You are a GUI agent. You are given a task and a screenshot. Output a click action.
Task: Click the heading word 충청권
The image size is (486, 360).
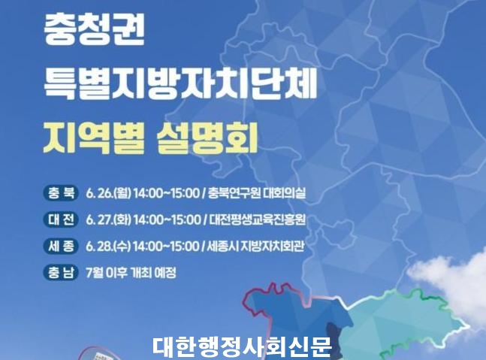95,31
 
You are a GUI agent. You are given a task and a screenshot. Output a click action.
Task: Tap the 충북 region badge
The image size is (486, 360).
61,193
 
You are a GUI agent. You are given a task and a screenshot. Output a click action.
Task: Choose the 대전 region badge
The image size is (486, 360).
61,219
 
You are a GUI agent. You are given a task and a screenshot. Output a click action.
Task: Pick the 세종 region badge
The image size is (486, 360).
61,247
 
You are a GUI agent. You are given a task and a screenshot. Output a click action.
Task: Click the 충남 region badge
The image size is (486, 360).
61,273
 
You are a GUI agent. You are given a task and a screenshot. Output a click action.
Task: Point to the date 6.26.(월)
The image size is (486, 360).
108,193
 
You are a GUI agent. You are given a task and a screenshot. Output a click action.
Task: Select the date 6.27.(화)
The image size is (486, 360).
108,220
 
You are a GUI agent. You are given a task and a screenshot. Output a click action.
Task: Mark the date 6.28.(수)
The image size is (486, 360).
108,247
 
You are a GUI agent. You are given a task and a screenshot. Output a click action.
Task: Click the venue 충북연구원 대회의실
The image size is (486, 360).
257,193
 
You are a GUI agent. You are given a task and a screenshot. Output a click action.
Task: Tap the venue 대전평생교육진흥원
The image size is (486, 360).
257,220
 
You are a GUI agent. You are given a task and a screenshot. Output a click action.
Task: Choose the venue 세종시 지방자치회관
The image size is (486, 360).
255,247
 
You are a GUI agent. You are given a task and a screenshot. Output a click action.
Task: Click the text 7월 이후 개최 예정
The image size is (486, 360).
131,273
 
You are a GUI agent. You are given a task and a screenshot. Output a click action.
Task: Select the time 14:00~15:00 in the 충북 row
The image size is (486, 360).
167,193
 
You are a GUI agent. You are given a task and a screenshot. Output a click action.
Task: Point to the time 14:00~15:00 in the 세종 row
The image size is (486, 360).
167,247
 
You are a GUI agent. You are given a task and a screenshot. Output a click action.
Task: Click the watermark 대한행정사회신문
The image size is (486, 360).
242,346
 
